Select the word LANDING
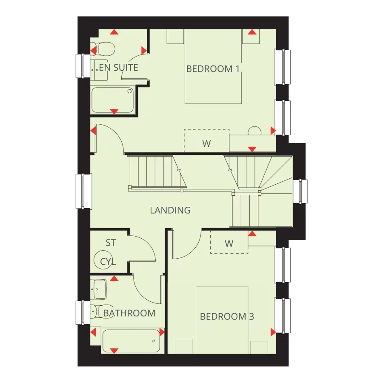pos(170,210)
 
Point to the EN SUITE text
pos(119,67)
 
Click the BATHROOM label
pos(129,313)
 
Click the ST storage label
pos(111,243)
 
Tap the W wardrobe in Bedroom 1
pos(206,143)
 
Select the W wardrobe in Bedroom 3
pos(229,244)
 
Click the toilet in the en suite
pos(103,49)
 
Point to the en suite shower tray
pos(113,100)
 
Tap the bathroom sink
pos(99,289)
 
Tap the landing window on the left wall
pos(84,191)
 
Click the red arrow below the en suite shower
pos(114,111)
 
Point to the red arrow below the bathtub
pos(114,351)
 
